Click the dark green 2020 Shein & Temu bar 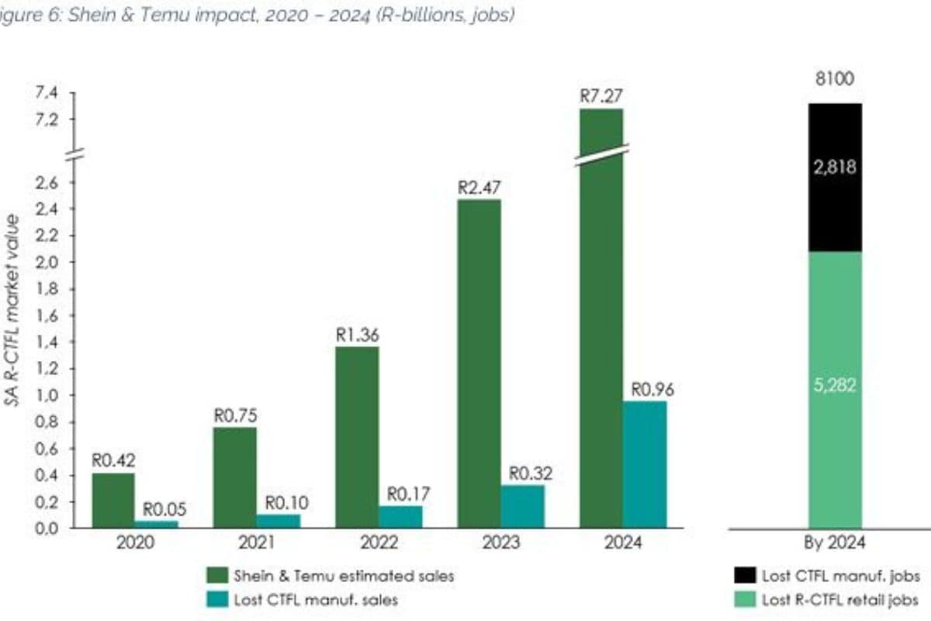(112, 501)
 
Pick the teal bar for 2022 (401, 516)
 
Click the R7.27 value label (601, 97)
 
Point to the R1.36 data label (357, 335)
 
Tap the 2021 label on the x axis (235, 543)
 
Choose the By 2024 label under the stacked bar (835, 543)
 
